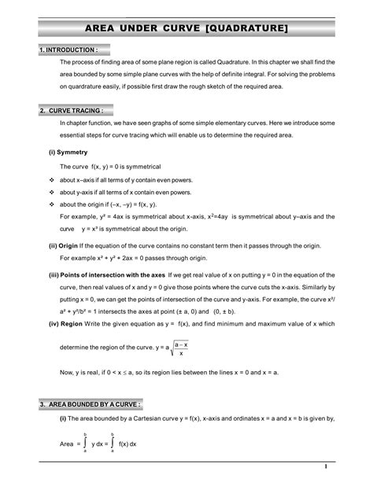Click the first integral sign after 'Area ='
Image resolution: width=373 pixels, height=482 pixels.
pyautogui.click(x=85, y=444)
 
